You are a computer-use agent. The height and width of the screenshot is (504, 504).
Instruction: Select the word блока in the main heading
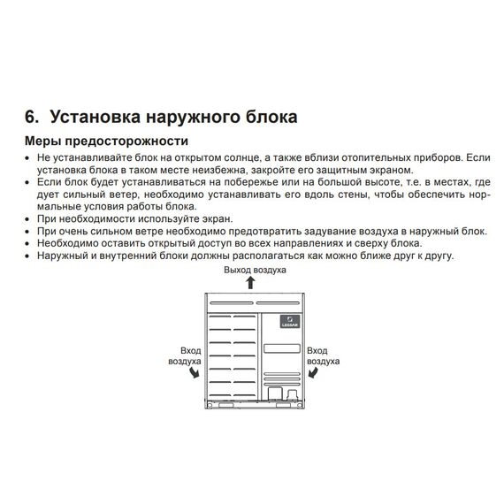click(x=268, y=118)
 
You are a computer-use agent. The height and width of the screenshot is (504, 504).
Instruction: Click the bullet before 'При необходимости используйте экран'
click(x=28, y=218)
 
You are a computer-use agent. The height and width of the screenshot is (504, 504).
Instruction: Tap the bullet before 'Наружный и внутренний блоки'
click(x=28, y=255)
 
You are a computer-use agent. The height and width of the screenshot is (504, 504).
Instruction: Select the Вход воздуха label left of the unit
click(x=185, y=356)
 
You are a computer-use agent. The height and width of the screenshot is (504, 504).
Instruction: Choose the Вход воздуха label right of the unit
click(x=319, y=356)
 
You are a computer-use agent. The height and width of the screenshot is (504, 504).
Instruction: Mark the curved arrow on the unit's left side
click(x=194, y=374)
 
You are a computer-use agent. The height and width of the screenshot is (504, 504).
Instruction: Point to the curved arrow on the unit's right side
click(x=313, y=374)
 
